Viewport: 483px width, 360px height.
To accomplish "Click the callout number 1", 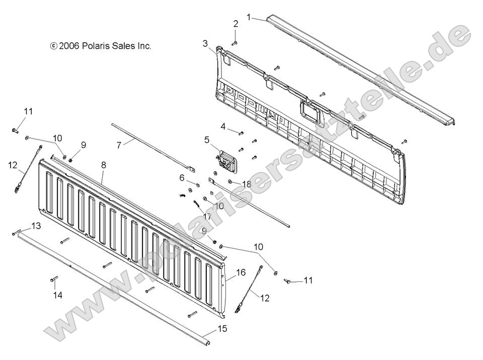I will (249, 17).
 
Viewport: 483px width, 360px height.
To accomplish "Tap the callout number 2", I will (235, 24).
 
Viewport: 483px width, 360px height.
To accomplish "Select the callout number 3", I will (205, 43).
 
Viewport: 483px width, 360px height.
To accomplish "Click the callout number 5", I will (206, 139).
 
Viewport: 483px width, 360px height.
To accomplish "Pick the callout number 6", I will (182, 177).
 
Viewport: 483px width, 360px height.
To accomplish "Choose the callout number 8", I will (104, 165).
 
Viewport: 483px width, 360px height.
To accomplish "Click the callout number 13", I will (36, 226).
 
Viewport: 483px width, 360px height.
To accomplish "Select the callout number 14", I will (58, 296).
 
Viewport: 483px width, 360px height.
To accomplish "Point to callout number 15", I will (222, 329).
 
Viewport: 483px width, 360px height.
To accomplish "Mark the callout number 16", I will (240, 272).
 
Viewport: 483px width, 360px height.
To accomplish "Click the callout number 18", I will (246, 184).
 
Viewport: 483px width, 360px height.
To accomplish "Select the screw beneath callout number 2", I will (235, 43).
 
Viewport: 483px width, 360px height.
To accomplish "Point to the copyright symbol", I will (53, 46).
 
